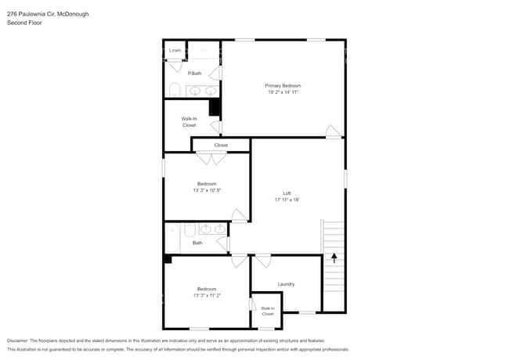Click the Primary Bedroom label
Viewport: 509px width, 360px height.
[283, 85]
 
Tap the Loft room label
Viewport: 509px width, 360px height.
[287, 193]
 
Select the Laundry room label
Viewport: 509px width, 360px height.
[286, 283]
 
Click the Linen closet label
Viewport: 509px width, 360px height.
[175, 50]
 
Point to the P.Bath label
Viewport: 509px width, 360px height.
[194, 74]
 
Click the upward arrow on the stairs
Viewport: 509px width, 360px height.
[334, 257]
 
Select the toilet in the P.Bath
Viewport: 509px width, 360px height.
[175, 90]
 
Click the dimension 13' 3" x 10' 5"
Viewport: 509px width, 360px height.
[207, 190]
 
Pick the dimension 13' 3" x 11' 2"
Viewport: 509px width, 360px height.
[207, 296]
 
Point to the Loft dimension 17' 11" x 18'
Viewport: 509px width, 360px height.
[287, 200]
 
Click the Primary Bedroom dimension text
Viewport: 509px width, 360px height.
[283, 92]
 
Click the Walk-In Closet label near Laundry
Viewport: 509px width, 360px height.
[268, 311]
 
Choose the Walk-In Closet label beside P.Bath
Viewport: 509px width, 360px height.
[189, 122]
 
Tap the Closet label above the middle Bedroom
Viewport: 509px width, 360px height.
[221, 145]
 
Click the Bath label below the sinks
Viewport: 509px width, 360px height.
[197, 243]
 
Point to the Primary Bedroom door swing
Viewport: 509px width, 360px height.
[334, 131]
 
